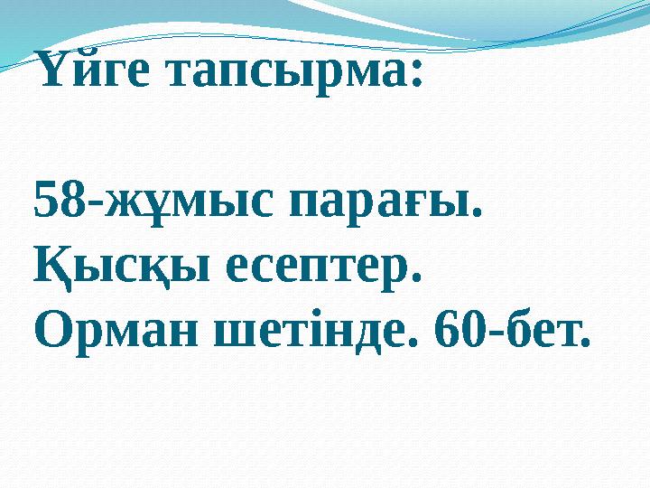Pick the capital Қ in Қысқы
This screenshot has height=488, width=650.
(x=53, y=267)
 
